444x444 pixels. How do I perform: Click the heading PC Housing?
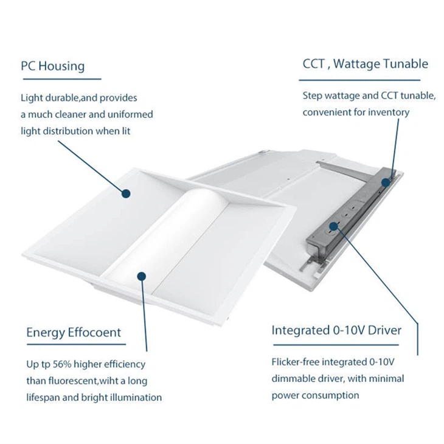tap(52, 66)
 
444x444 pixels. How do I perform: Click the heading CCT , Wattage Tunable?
tap(365, 64)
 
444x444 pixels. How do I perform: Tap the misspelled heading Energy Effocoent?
tap(74, 333)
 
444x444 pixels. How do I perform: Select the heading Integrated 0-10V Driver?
tap(336, 330)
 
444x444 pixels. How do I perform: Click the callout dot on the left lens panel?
tap(127, 193)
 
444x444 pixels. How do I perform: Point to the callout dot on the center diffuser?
tap(141, 276)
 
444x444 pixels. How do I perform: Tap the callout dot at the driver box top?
tap(385, 181)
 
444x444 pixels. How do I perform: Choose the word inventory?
tap(388, 112)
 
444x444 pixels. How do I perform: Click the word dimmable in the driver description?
tap(292, 378)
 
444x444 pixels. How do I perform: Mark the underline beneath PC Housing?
tap(61, 78)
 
